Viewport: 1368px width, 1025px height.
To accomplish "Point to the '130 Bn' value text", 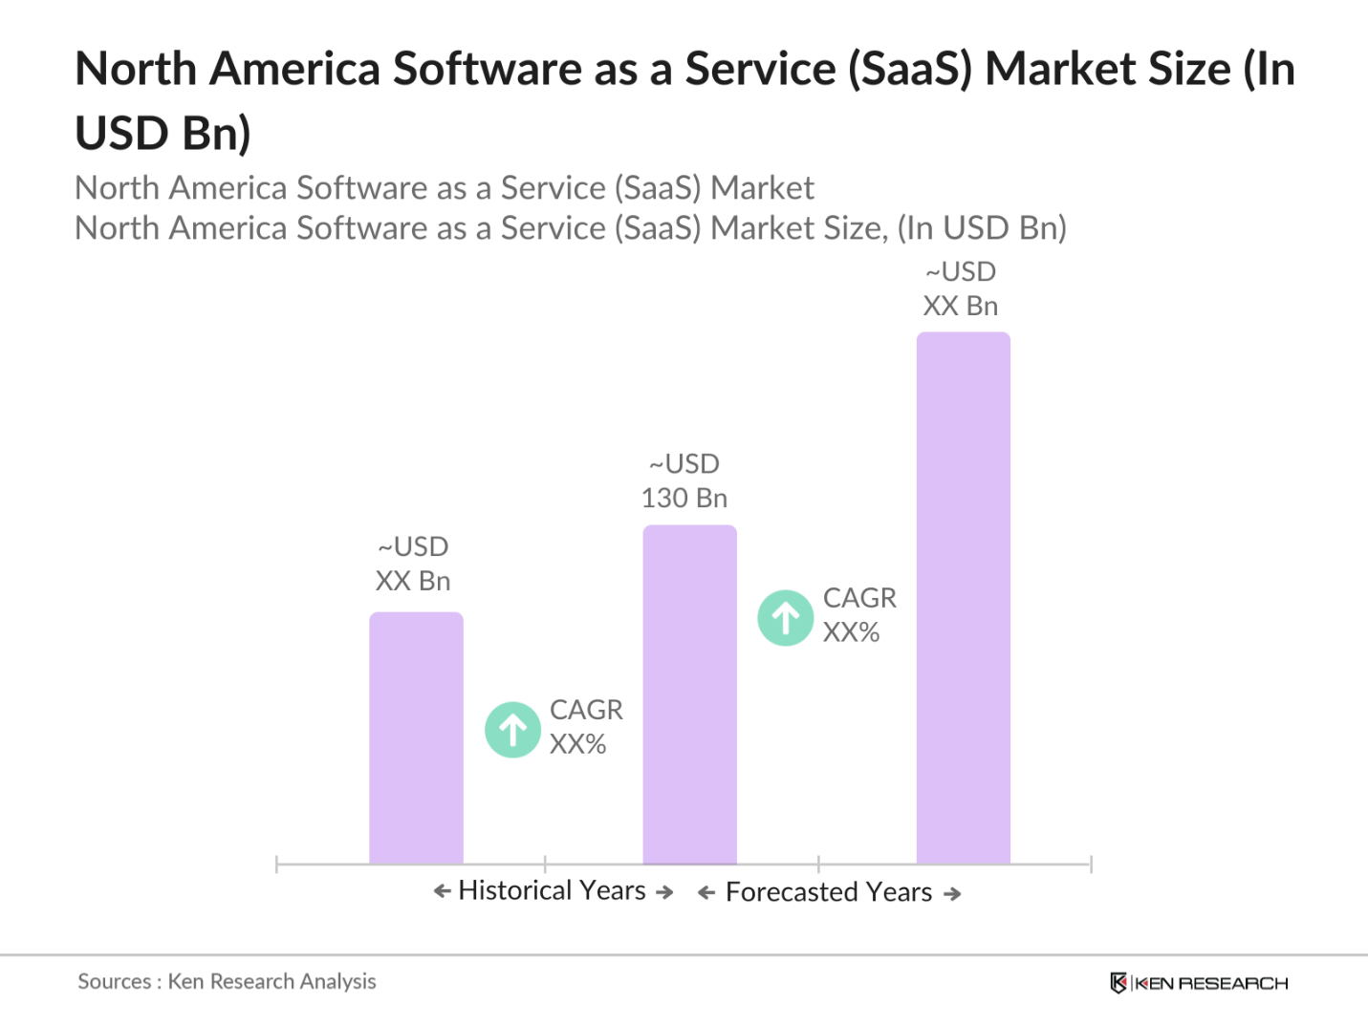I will coord(684,499).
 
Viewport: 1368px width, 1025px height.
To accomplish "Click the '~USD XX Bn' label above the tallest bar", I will coord(961,289).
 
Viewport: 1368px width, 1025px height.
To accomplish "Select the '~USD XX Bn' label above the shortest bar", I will coord(413,565).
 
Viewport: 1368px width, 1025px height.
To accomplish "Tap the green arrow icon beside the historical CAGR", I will coord(513,730).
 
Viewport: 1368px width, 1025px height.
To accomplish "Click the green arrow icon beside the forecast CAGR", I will coord(786,618).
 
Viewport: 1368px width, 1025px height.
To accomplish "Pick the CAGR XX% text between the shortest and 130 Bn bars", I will coord(585,727).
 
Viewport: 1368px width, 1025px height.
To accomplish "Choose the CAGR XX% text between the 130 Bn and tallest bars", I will coord(858,615).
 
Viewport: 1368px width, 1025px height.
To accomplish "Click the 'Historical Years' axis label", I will coord(552,890).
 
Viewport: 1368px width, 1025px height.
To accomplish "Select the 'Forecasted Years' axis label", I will coord(828,892).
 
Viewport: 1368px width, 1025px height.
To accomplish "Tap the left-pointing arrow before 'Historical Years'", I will coord(442,891).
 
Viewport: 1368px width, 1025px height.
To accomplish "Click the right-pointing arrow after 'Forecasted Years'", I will coord(952,894).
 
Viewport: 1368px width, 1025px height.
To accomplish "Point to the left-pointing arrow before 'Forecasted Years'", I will coord(706,893).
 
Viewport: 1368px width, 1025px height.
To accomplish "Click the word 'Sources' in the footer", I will coord(114,982).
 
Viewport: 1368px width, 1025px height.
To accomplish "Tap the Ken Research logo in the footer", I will coord(1199,983).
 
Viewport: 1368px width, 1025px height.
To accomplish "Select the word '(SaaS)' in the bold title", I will coord(910,70).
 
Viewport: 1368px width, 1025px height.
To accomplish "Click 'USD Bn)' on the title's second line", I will coord(163,133).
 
